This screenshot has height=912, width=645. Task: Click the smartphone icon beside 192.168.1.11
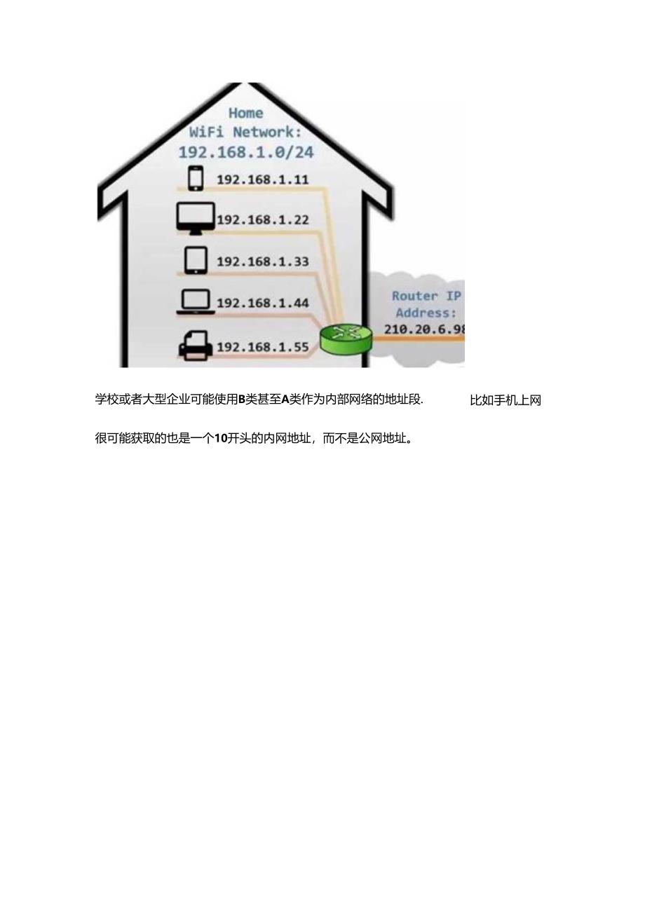[196, 178]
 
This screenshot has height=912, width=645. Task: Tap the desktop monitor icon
[196, 218]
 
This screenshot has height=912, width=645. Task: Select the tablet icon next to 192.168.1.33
[196, 260]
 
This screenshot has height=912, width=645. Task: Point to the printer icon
[196, 346]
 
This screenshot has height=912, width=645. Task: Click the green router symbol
[345, 339]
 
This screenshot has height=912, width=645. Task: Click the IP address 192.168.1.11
[262, 179]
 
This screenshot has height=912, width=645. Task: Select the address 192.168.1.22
[262, 220]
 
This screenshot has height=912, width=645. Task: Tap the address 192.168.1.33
[262, 261]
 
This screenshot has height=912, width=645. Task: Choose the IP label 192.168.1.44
[262, 303]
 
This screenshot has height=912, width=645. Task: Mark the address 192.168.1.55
[262, 347]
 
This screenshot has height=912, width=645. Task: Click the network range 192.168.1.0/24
[245, 152]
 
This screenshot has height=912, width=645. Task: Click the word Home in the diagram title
[246, 113]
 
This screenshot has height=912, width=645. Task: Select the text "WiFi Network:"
[245, 132]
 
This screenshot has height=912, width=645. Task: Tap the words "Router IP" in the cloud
[426, 296]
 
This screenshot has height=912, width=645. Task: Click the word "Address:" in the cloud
[426, 313]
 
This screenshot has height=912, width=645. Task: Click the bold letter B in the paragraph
[241, 400]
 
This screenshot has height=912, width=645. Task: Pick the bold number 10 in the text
[221, 439]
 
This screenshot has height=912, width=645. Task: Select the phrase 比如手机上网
[505, 401]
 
